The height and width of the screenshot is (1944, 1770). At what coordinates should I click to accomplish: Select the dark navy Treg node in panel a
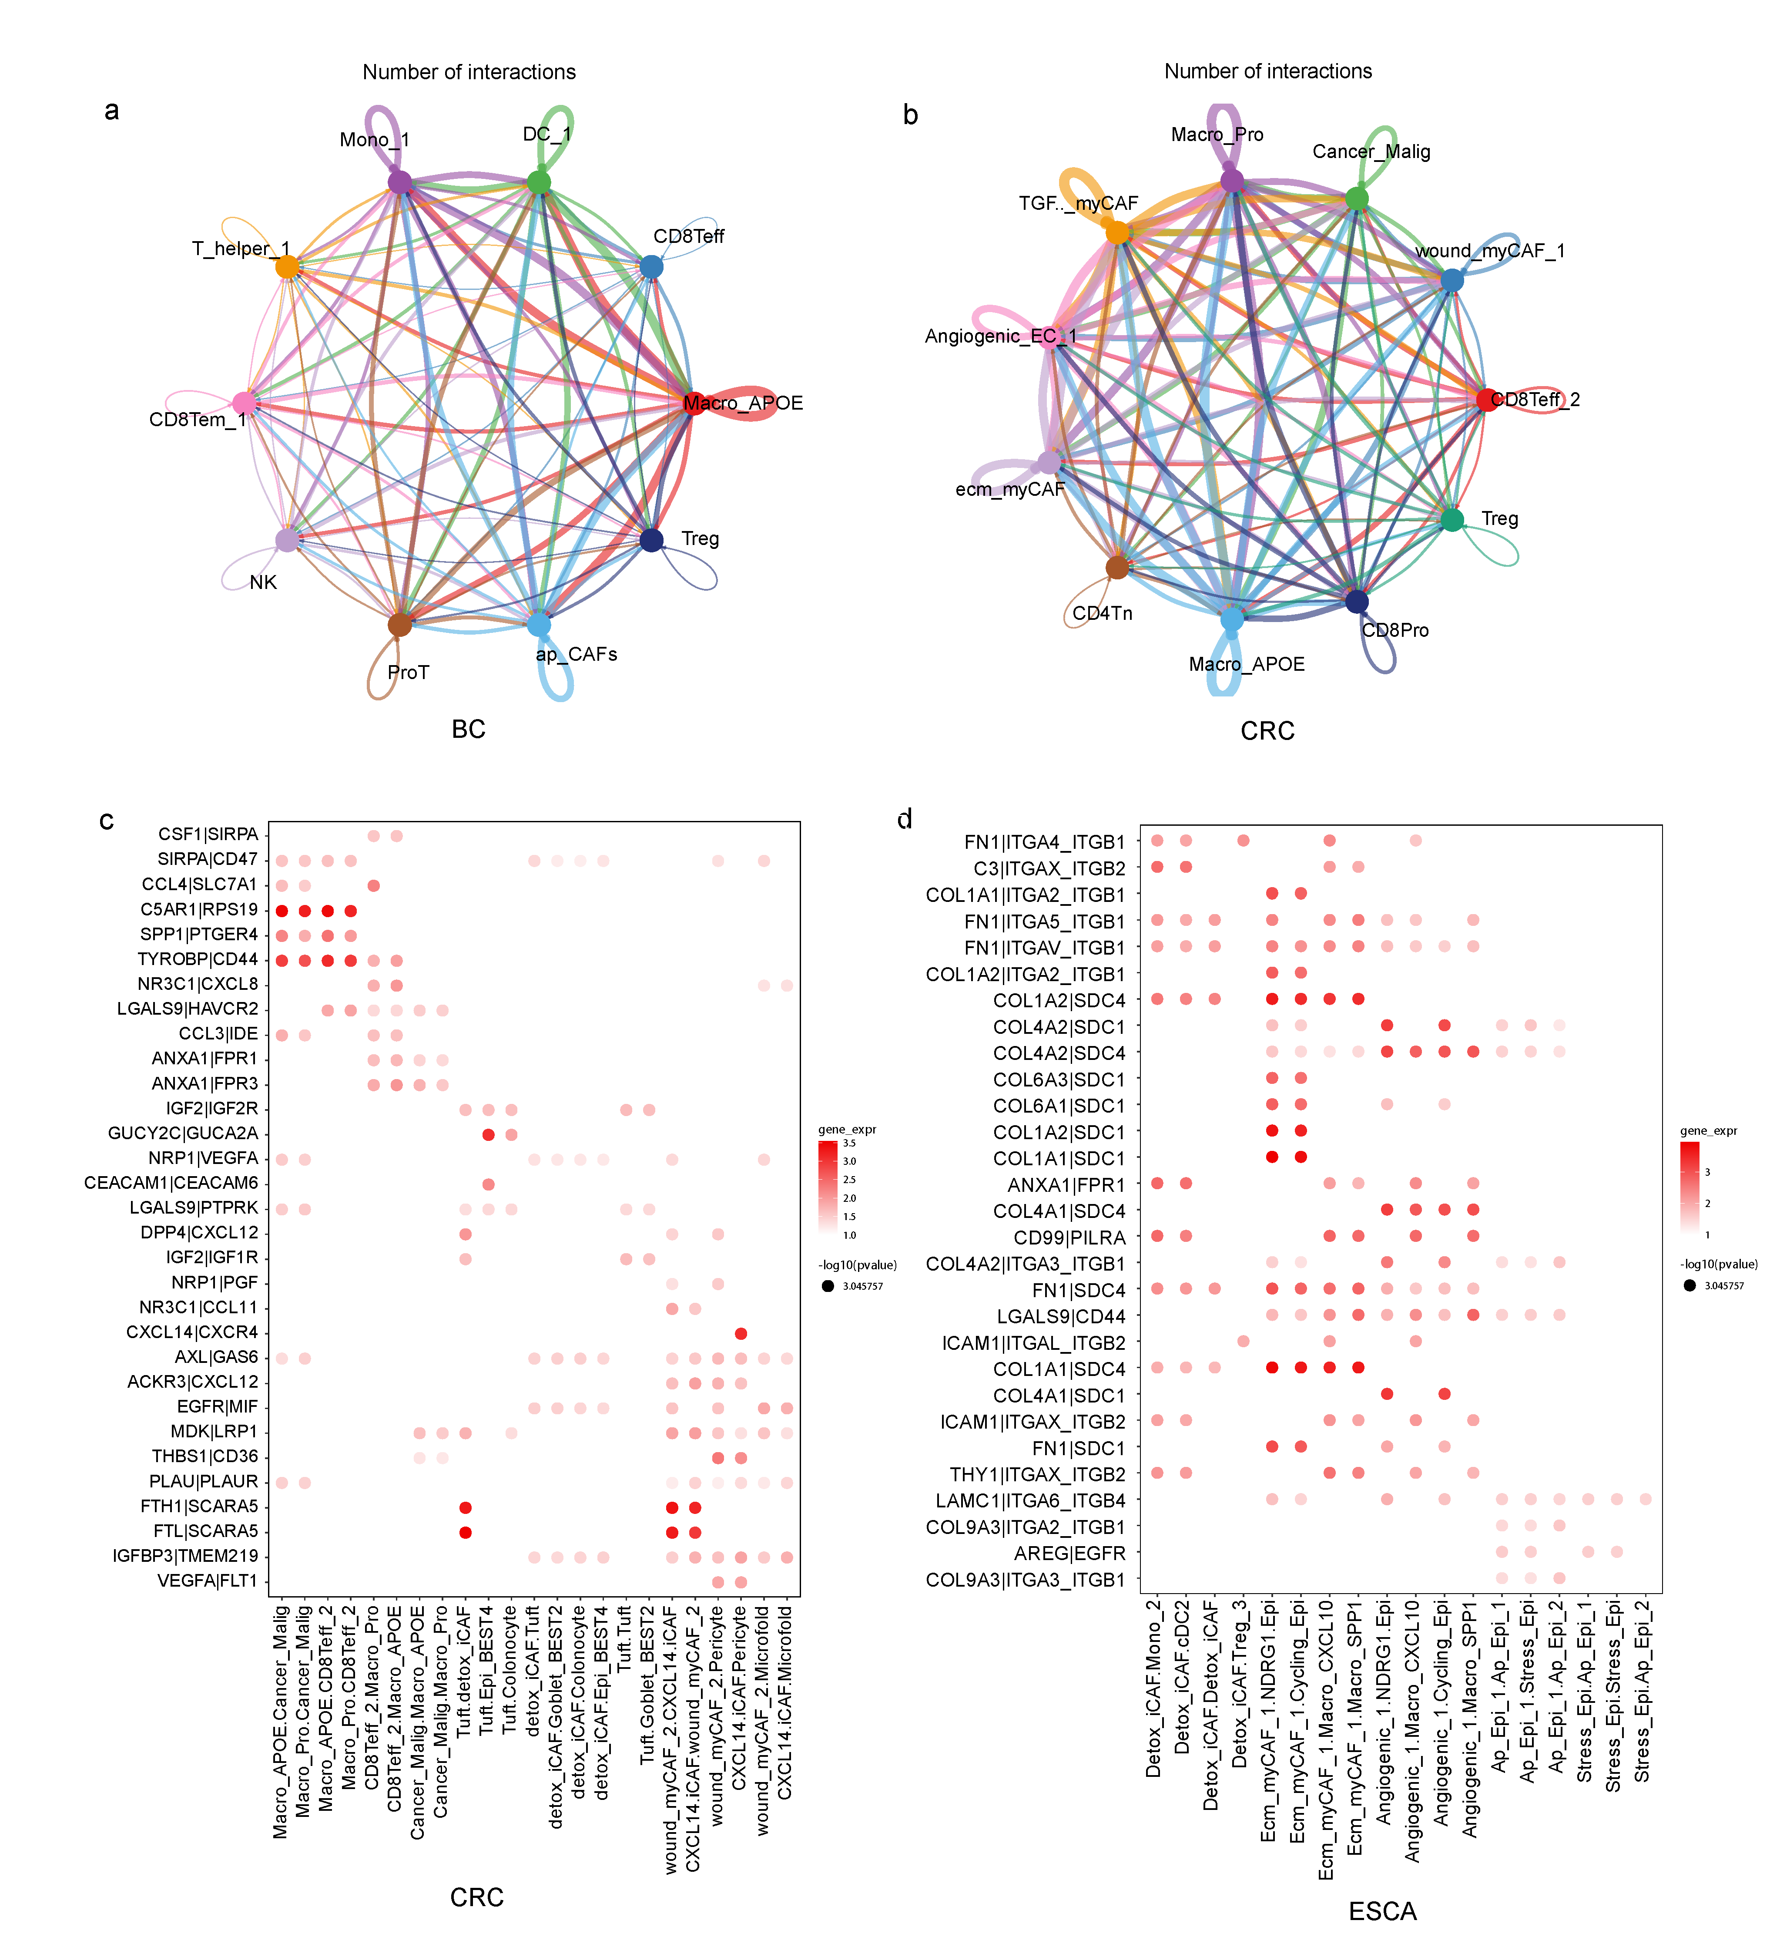652,540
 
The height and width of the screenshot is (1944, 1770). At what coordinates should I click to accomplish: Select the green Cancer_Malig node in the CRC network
1356,198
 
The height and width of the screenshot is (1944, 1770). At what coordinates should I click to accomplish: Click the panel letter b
910,115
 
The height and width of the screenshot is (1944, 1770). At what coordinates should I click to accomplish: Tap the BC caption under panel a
469,729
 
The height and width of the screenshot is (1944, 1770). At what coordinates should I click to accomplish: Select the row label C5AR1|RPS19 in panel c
200,909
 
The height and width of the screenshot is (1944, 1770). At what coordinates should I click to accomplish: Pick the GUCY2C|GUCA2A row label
183,1133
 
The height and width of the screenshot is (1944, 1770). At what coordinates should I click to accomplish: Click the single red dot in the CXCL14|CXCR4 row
741,1334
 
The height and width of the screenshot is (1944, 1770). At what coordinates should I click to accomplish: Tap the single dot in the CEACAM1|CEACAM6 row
488,1184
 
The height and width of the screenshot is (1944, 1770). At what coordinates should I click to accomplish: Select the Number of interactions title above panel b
1268,71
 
